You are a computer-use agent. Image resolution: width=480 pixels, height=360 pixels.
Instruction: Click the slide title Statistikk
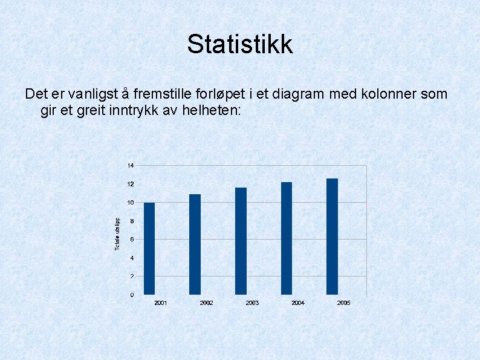coord(240,44)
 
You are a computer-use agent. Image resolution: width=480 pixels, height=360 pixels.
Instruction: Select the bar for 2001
coord(149,249)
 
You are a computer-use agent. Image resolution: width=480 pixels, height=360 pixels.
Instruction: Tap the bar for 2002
coord(195,244)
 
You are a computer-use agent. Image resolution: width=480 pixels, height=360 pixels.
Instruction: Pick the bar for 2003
coord(241,241)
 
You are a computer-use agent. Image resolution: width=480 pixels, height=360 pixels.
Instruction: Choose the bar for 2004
coord(287,238)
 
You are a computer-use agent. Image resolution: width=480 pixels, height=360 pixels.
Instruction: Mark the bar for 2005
coord(332,237)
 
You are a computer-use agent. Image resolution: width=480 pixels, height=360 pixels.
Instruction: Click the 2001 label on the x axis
coord(161,303)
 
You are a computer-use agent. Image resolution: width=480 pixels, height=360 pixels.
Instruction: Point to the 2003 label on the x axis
coord(252,303)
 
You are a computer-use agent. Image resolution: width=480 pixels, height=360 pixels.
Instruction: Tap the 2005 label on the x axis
coord(343,303)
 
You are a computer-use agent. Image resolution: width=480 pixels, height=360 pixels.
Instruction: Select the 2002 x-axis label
coord(206,303)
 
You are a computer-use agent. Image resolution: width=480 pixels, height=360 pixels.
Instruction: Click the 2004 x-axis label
coord(298,303)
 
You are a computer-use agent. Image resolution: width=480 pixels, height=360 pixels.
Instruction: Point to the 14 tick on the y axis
coord(131,165)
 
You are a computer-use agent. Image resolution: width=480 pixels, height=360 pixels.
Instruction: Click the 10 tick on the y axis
coord(131,203)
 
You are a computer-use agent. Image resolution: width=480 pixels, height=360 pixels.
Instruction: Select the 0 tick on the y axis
coord(132,295)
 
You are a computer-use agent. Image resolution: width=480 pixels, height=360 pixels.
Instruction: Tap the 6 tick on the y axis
coord(132,240)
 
